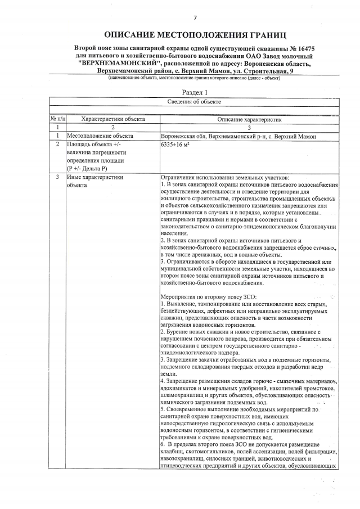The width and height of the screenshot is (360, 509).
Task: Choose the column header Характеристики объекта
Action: [x=113, y=119]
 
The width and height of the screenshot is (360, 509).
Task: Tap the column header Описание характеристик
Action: [x=249, y=119]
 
